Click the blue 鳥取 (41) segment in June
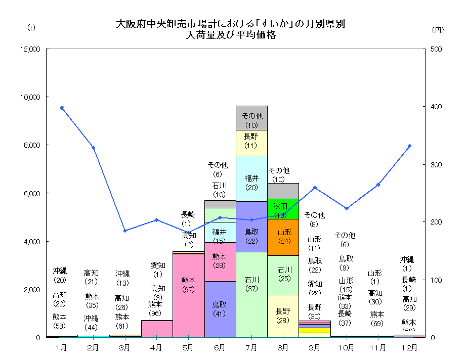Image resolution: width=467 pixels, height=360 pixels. (220, 309)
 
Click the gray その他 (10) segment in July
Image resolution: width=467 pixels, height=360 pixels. (251, 118)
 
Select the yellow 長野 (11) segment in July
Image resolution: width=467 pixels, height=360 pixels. (251, 143)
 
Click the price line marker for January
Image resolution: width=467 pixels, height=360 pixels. (62, 108)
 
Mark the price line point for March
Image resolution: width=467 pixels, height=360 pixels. (125, 231)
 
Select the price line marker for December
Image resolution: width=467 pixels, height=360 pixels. (410, 146)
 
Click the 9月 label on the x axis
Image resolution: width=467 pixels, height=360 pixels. (314, 348)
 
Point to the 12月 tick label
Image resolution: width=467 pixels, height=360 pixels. (409, 348)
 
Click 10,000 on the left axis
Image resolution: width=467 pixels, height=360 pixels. (30, 97)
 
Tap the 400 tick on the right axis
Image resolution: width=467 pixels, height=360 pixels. (437, 107)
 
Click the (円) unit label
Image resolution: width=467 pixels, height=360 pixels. (438, 29)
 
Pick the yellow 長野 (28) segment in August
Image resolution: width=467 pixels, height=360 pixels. (283, 316)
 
